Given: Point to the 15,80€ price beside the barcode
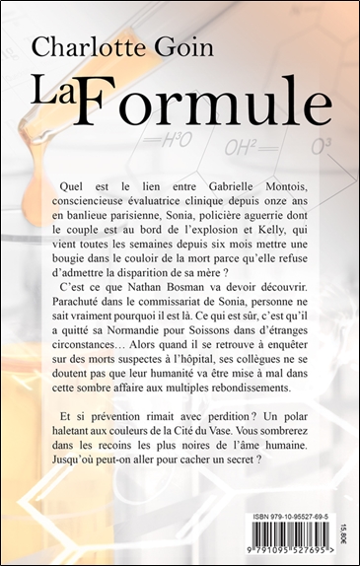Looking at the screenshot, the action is (343, 520).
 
